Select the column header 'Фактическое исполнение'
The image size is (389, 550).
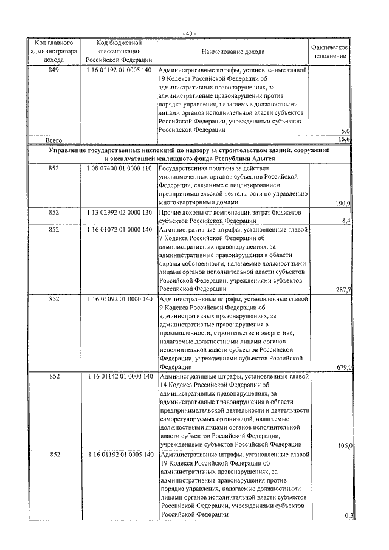click(329, 52)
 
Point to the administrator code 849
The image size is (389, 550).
click(54, 70)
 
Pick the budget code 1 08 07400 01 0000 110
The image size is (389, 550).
click(119, 168)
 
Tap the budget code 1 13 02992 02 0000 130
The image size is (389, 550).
click(119, 213)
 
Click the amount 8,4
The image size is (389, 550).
click(345, 221)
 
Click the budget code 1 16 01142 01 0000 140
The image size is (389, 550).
click(119, 377)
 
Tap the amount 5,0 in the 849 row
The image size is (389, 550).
click(345, 131)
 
